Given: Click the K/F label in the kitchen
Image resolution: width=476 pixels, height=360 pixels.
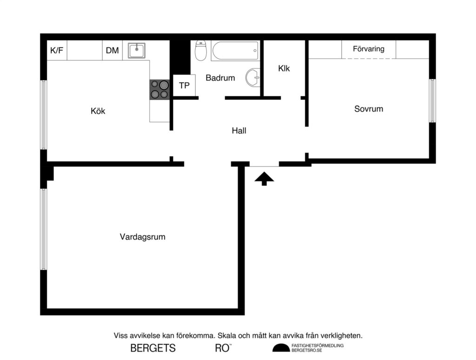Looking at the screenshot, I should point(57,51).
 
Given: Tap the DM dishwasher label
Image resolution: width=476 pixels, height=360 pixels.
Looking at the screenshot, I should point(112,51).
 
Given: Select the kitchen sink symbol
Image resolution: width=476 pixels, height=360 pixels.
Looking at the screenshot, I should point(137,50).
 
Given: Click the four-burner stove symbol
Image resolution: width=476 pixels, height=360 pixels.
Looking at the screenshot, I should point(159,89).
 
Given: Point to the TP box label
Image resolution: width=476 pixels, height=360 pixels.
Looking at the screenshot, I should point(184,86).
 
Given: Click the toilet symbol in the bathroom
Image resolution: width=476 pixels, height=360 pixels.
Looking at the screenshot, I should point(201,51).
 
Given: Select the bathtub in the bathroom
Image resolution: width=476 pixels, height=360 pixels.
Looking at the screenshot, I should point(235,50).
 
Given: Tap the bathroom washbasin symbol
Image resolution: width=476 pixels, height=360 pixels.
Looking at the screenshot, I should point(253,78).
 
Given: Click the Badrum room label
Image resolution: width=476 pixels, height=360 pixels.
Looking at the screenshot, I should point(220,78).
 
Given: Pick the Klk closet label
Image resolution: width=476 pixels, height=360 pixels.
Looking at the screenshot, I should point(284,68).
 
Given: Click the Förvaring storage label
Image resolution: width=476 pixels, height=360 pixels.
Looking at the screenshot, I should point(369,49).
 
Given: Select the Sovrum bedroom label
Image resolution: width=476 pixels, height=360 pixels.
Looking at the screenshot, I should point(369,109).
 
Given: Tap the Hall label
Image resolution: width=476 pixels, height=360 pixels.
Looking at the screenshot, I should point(239,131).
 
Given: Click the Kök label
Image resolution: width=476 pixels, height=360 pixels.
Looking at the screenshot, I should point(98,111).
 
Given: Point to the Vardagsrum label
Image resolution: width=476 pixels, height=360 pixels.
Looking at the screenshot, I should point(143,237).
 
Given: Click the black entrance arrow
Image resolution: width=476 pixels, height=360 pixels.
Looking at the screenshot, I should point(264,178).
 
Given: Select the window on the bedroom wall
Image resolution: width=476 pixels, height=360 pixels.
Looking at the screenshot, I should point(432,100).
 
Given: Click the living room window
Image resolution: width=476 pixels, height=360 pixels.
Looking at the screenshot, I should point(44,229).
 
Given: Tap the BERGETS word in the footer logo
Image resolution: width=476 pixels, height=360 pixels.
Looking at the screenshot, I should point(153,348).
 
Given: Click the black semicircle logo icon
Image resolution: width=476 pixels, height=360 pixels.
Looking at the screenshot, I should point(280,348).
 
